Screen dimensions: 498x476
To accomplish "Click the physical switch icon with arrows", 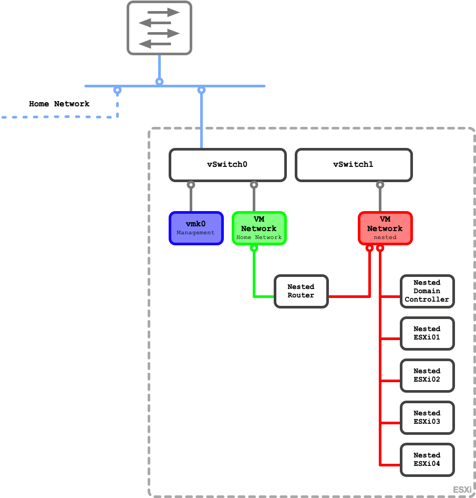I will click(x=159, y=28).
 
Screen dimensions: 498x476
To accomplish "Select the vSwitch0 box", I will click(x=227, y=165).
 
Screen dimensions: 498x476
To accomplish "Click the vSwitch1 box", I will click(x=354, y=165).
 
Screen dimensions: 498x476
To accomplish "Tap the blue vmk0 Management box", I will click(x=196, y=228).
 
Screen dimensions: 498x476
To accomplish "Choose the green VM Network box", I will click(x=259, y=228).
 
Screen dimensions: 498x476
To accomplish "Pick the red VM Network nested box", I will click(x=385, y=228).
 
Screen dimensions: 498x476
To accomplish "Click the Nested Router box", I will click(x=301, y=291).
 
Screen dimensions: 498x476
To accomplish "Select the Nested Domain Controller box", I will click(x=427, y=291).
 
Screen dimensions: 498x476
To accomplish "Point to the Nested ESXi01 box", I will click(x=427, y=333).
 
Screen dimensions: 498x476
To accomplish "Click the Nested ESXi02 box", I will click(x=427, y=375).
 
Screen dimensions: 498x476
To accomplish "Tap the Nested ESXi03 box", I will click(x=427, y=417).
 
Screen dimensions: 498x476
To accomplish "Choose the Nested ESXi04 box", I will click(x=427, y=460).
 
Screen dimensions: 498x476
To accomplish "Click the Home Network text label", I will click(x=59, y=104).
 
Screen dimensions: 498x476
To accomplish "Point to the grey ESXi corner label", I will click(x=462, y=490).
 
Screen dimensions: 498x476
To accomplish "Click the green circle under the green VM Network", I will click(x=254, y=248).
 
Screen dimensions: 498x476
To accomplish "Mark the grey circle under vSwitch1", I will click(x=380, y=185).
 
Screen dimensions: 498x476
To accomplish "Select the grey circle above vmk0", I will click(x=191, y=185).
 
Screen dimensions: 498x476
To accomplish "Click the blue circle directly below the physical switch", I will click(x=159, y=82).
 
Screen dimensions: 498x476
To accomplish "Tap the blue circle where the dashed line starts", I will click(x=118, y=91).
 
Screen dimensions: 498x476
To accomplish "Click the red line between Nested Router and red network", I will click(x=348, y=297).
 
